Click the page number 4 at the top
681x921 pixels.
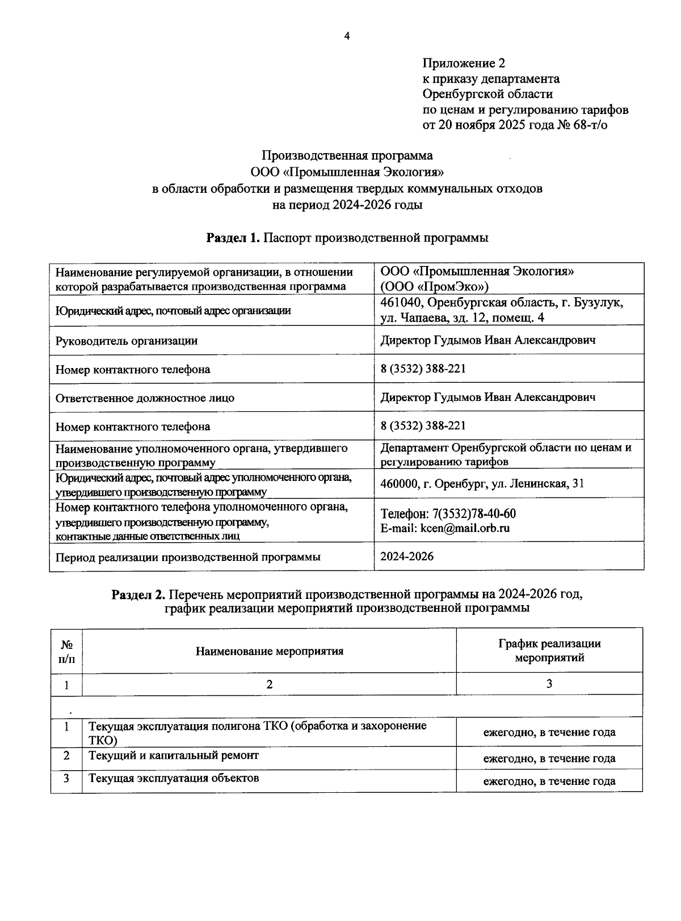[347, 36]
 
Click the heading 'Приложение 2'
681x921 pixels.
[464, 63]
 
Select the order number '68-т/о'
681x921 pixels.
[590, 125]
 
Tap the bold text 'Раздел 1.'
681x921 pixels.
[233, 238]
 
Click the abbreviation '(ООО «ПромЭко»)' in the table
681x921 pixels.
[434, 286]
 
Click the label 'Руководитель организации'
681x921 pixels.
[127, 341]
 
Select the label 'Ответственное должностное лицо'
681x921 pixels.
[145, 398]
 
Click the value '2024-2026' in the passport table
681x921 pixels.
[407, 556]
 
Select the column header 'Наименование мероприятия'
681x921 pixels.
[270, 651]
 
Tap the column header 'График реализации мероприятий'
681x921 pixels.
[549, 650]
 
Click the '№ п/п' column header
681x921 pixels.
[66, 651]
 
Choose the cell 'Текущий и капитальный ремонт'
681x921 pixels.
[174, 755]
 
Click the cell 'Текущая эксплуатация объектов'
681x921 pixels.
[174, 778]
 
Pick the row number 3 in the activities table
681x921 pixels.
[66, 778]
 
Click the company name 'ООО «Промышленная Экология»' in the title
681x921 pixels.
[347, 172]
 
